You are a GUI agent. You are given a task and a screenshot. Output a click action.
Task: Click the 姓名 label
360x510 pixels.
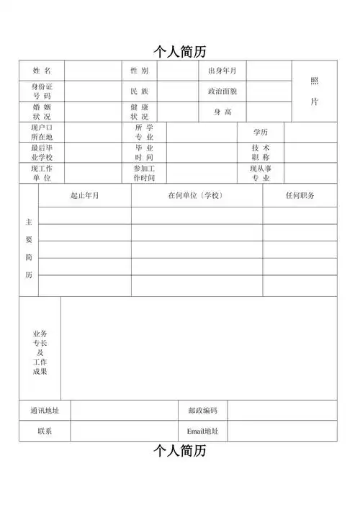pyautogui.click(x=42, y=71)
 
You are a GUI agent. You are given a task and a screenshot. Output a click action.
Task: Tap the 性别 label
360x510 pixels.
pyautogui.click(x=139, y=71)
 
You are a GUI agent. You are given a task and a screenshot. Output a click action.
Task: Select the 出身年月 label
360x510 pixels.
pyautogui.click(x=222, y=71)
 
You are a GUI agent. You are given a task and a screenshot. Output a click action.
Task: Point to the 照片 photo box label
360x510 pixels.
pyautogui.click(x=314, y=91)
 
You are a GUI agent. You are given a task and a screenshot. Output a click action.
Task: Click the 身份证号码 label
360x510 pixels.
pyautogui.click(x=42, y=91)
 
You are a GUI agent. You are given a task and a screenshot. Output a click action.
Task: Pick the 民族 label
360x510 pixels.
pyautogui.click(x=139, y=91)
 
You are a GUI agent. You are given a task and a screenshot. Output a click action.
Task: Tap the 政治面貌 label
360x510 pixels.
pyautogui.click(x=222, y=91)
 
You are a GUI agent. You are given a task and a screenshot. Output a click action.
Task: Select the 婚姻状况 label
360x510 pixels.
pyautogui.click(x=42, y=112)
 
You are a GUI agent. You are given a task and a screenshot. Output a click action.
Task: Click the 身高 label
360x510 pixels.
pyautogui.click(x=222, y=112)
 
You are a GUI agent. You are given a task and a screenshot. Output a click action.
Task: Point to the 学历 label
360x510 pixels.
pyautogui.click(x=260, y=133)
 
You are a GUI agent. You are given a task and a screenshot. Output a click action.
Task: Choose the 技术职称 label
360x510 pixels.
pyautogui.click(x=260, y=153)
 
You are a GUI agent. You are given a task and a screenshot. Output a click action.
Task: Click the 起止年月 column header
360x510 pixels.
pyautogui.click(x=84, y=195)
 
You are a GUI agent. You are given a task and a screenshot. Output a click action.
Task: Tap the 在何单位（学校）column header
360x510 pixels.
pyautogui.click(x=196, y=195)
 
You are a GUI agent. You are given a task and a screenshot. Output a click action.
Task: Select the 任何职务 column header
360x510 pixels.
pyautogui.click(x=300, y=195)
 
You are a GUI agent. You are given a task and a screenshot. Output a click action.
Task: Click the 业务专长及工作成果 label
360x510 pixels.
pyautogui.click(x=40, y=353)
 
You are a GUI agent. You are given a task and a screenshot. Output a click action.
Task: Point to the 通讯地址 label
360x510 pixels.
pyautogui.click(x=45, y=411)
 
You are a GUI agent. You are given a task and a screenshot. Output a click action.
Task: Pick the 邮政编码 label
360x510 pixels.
pyautogui.click(x=202, y=411)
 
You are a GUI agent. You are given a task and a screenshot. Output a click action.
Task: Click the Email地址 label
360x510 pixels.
pyautogui.click(x=202, y=431)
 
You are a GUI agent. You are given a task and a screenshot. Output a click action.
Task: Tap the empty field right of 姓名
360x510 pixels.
pyautogui.click(x=92, y=71)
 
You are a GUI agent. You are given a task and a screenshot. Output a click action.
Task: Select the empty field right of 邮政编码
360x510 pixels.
pyautogui.click(x=282, y=411)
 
